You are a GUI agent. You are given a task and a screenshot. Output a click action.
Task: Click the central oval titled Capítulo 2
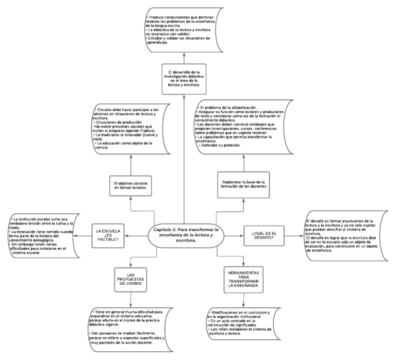pyautogui.click(x=184, y=235)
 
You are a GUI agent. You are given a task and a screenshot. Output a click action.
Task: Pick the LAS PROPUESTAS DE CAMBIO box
pyautogui.click(x=131, y=280)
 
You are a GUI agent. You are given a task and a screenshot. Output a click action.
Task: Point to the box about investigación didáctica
pyautogui.click(x=184, y=78)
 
